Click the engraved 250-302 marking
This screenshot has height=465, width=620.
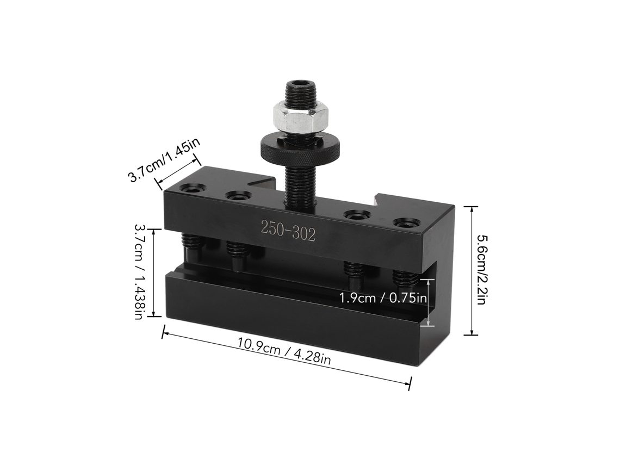click(x=288, y=231)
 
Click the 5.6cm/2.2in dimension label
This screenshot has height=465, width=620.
click(x=482, y=270)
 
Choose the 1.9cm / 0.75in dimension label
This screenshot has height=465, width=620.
click(x=383, y=297)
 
